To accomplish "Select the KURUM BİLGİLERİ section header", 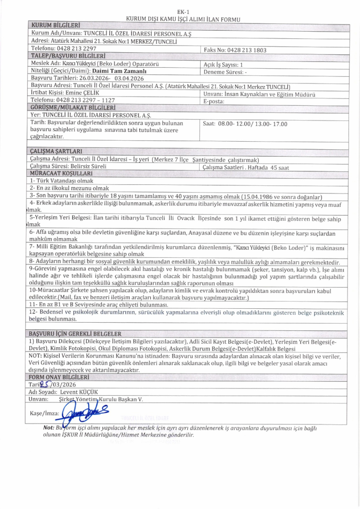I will coord(55,25).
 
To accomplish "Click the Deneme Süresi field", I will coord(225,71).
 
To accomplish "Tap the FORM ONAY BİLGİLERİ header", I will coord(60,377).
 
